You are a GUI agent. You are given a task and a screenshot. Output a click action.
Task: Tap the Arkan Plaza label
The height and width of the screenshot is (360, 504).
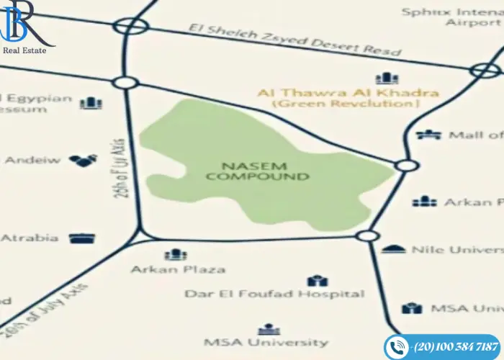tap(177, 269)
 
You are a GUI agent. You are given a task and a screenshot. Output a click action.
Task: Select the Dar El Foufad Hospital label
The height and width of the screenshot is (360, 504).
tap(274, 294)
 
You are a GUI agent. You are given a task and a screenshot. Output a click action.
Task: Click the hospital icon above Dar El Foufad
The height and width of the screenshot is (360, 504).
tap(318, 280)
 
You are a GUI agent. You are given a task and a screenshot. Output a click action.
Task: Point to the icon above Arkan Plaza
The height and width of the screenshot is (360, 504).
tap(176, 254)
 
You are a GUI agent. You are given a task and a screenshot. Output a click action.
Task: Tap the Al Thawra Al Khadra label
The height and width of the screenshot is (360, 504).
tap(348, 93)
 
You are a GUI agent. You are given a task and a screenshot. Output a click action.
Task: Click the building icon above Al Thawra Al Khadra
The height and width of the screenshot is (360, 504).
tap(387, 78)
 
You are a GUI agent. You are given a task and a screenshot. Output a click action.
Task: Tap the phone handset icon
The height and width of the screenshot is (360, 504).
tap(397, 347)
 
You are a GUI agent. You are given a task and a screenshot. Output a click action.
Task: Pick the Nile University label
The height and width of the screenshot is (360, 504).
tap(456, 249)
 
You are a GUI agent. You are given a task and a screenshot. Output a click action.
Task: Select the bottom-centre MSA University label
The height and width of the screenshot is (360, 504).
tap(266, 342)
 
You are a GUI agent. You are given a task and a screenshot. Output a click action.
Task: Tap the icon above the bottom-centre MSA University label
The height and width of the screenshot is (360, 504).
tap(269, 328)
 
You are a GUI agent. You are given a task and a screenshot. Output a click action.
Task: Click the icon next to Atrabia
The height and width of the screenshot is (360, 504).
tap(82, 238)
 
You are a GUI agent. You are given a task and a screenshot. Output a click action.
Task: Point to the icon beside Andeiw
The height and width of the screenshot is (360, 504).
tap(83, 160)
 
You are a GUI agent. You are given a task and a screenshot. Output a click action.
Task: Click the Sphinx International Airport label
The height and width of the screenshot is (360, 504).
tap(451, 17)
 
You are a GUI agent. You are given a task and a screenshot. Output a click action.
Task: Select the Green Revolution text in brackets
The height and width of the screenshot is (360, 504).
tap(346, 104)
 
